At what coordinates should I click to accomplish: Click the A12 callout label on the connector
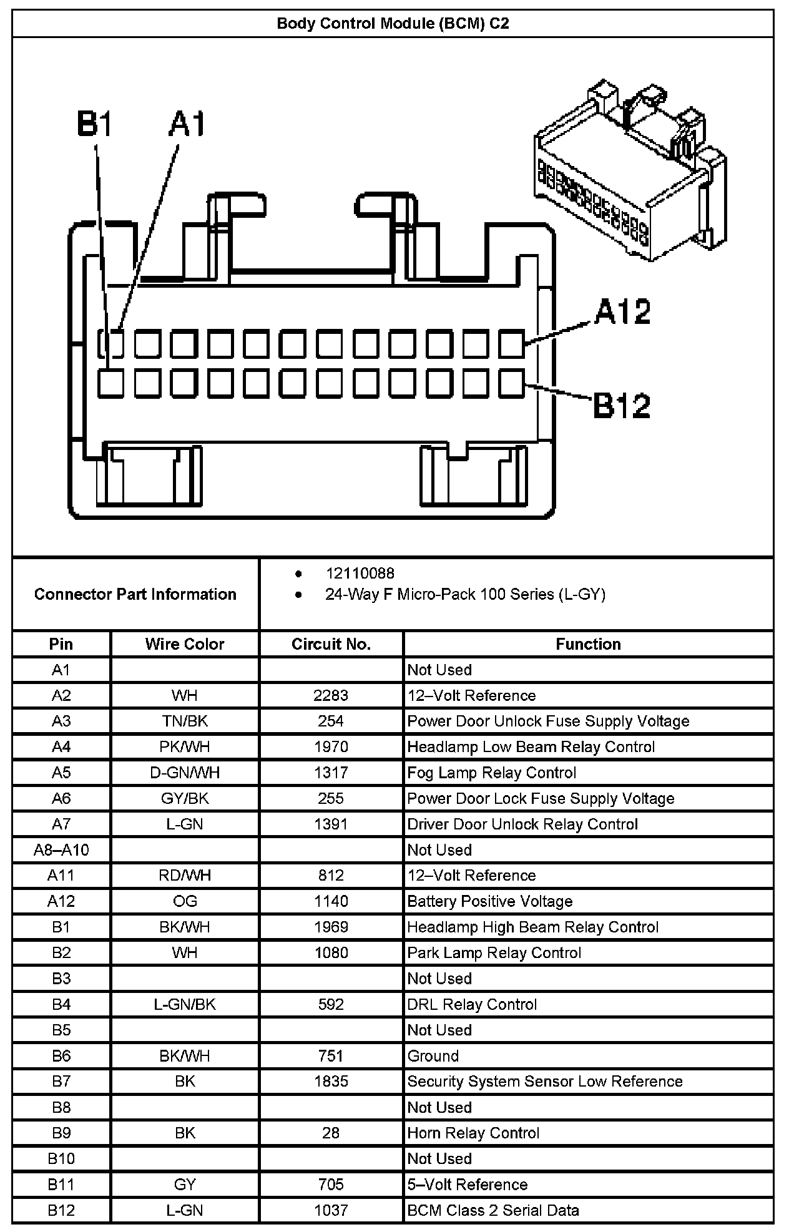[622, 311]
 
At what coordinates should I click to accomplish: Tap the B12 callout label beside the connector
[621, 405]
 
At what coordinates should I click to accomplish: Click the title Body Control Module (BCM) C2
[393, 24]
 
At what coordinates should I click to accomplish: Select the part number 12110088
[360, 573]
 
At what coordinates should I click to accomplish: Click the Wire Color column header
[185, 644]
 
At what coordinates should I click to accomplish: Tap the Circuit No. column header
[331, 644]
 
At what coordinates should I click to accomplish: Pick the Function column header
[588, 644]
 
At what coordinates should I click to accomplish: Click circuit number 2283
[331, 695]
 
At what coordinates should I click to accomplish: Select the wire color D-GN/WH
[185, 773]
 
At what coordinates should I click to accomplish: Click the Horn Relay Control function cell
[473, 1133]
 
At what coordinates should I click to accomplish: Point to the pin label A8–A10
[61, 850]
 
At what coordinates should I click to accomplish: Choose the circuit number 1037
[331, 1210]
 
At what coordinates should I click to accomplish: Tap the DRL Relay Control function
[472, 1004]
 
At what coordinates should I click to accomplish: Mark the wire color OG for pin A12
[185, 901]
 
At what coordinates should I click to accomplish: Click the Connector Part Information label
[135, 594]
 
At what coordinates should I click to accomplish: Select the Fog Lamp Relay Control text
[491, 773]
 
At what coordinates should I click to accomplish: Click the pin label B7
[61, 1081]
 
